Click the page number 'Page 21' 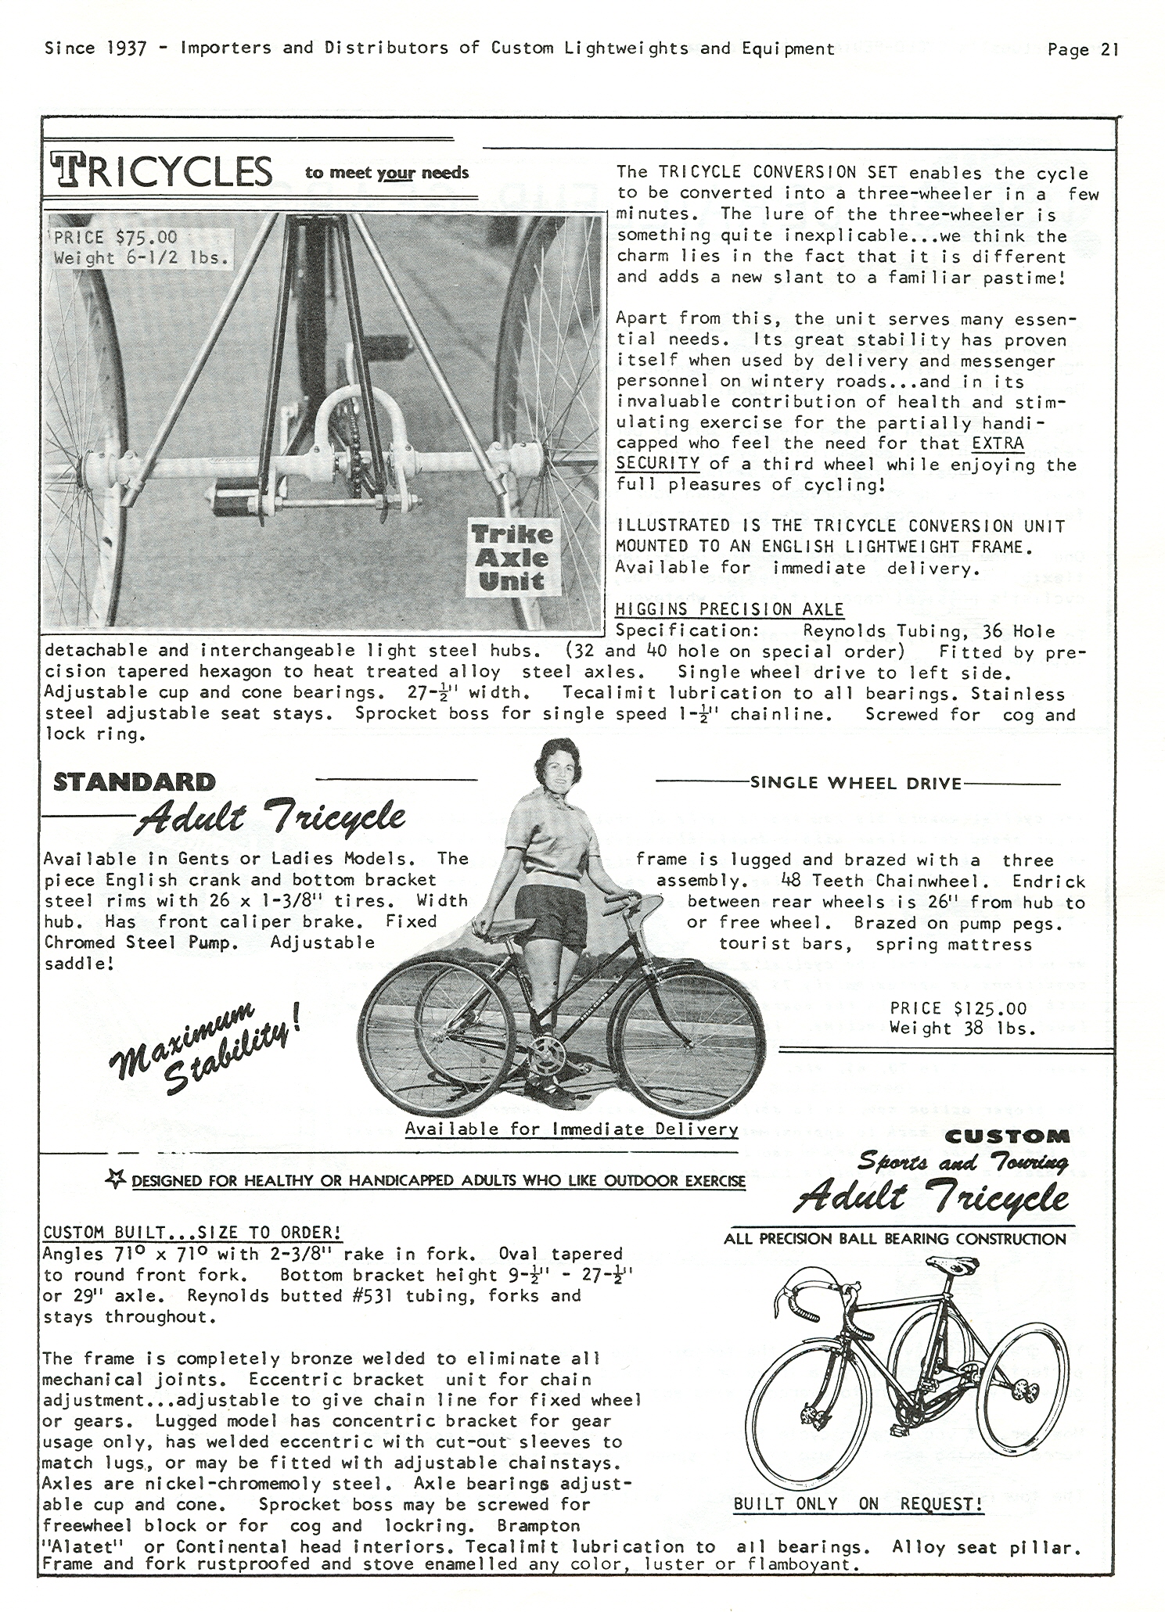click(x=1083, y=49)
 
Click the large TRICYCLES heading click(x=162, y=171)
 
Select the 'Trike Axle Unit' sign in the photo click(x=512, y=558)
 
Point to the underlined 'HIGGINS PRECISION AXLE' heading click(x=730, y=609)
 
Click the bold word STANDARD click(x=134, y=782)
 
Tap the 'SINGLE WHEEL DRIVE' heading click(x=855, y=783)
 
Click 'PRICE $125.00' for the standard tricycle click(x=958, y=1008)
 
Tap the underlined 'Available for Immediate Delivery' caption click(x=571, y=1129)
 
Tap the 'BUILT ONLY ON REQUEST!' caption click(x=858, y=1503)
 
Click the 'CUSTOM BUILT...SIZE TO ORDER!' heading click(x=192, y=1233)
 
